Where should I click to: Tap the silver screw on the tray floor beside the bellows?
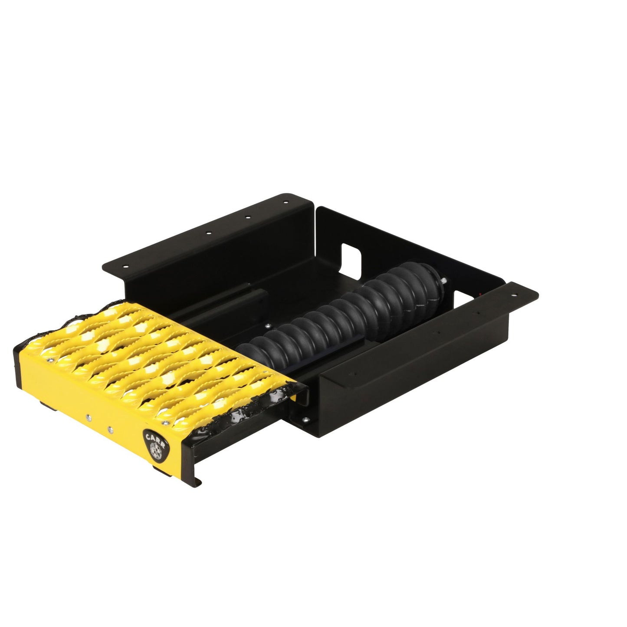click(267, 325)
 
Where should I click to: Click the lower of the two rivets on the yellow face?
click(109, 430)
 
